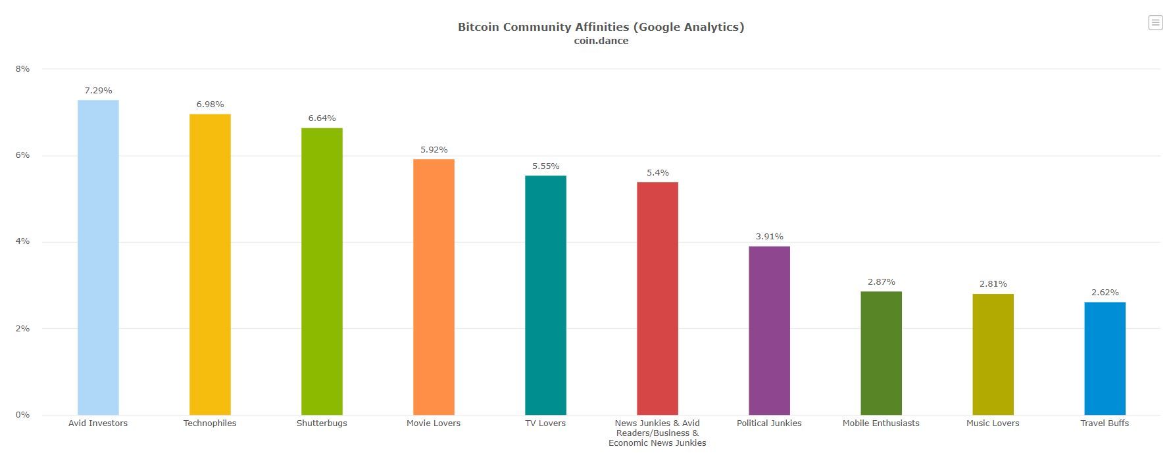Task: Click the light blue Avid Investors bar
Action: (98, 256)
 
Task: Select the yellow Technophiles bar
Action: (210, 263)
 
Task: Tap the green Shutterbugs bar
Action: (322, 271)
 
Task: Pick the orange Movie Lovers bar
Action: (434, 286)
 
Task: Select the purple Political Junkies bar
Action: (769, 330)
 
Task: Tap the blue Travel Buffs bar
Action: (1105, 358)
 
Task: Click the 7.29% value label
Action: (98, 91)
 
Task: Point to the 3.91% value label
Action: (769, 237)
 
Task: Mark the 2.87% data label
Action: (881, 282)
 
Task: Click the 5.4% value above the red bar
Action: (657, 173)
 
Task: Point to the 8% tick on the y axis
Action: (22, 69)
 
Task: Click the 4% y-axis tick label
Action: (22, 242)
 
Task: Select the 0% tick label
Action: (22, 415)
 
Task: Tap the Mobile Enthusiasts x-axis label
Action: (881, 423)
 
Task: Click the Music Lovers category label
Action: (993, 423)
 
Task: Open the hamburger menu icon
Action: (1155, 22)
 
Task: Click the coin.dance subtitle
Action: (601, 41)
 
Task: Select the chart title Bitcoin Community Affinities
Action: (601, 27)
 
